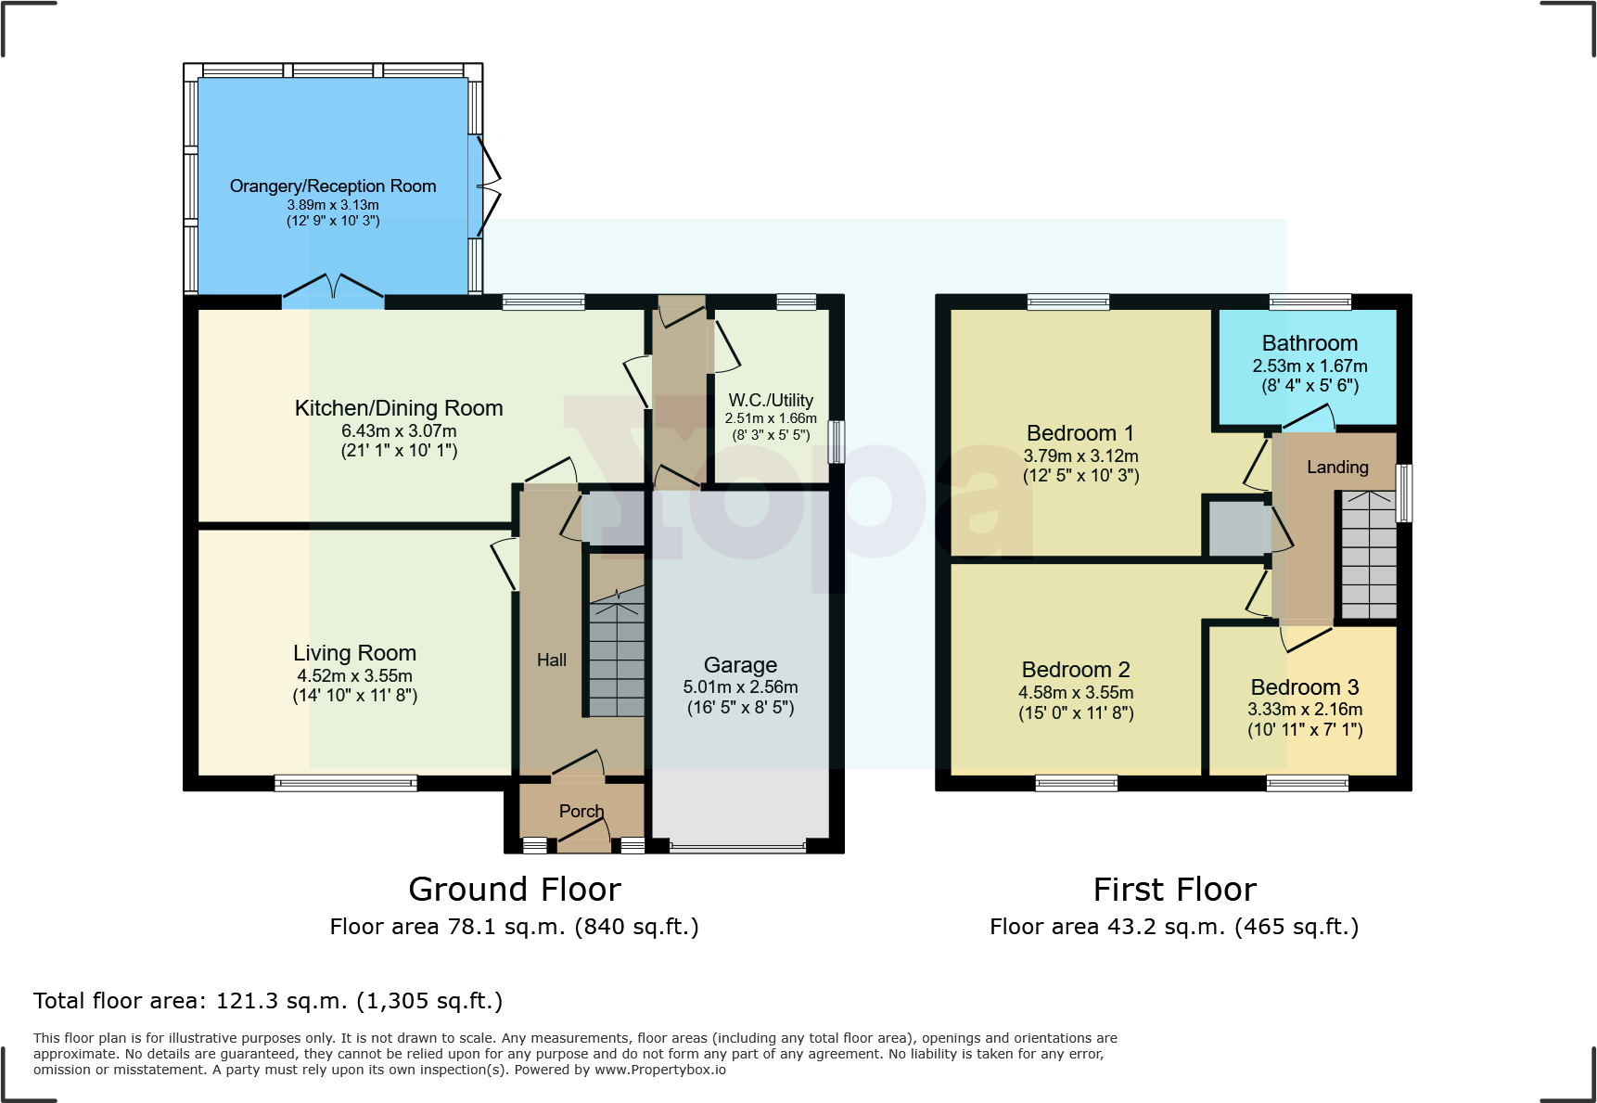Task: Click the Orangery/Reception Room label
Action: (333, 186)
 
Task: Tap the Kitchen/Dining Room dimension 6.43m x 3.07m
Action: (399, 431)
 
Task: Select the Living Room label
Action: (354, 653)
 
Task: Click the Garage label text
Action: (740, 665)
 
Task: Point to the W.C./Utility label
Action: (771, 401)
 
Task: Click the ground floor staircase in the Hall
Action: (617, 659)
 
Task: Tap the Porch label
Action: (581, 812)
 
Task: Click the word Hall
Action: (552, 661)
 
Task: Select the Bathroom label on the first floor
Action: (1310, 344)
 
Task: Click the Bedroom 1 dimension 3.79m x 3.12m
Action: (1080, 456)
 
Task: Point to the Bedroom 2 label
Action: (1076, 670)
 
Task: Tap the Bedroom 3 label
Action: (1304, 687)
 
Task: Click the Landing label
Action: (1337, 468)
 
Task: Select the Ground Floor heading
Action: (515, 890)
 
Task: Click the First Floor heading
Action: (1174, 890)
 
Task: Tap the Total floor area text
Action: (268, 1001)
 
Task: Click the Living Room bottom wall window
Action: (346, 783)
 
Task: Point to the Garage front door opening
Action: (738, 847)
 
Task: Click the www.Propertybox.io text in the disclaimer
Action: (660, 1070)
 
